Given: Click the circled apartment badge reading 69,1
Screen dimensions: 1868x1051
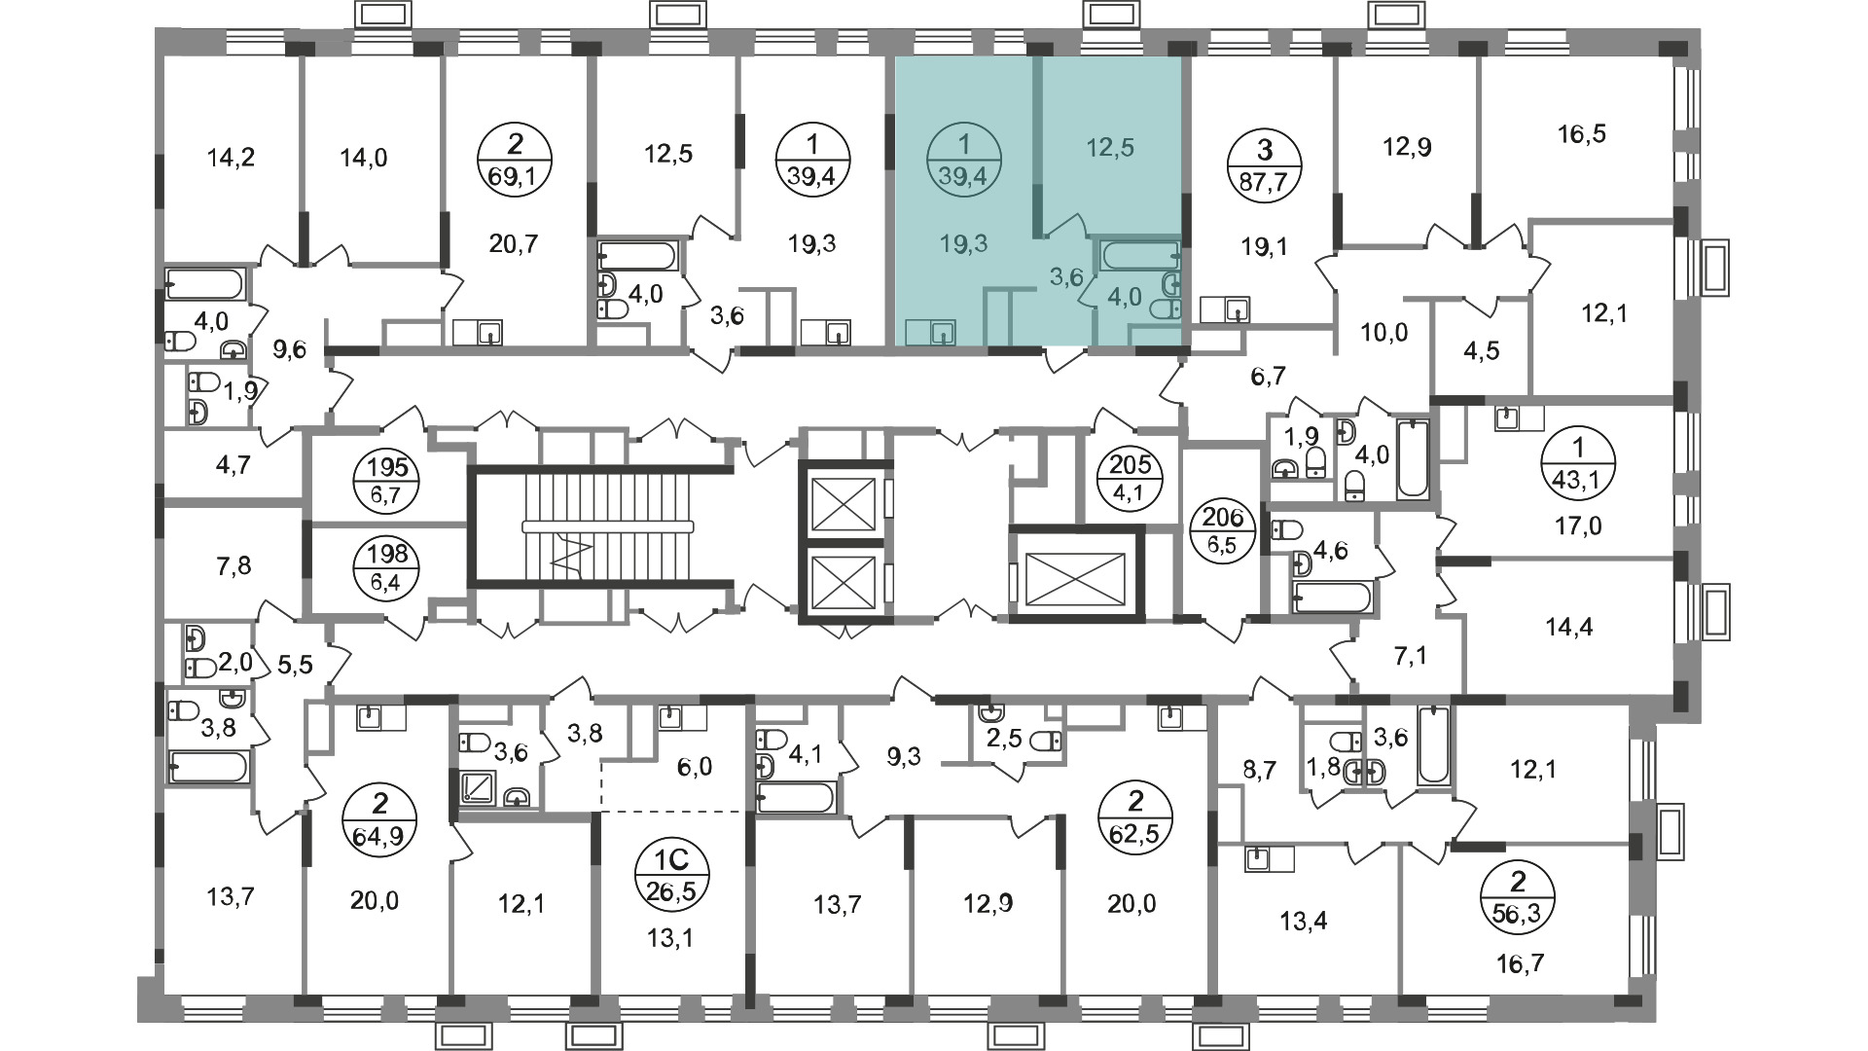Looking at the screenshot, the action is [516, 163].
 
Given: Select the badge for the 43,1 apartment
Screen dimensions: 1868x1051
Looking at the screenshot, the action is [1578, 463].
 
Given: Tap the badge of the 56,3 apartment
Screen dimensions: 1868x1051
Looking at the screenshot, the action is [1518, 900].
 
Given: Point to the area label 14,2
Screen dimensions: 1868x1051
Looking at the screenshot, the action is [232, 157].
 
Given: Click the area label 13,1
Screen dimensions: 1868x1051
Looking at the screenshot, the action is [673, 939].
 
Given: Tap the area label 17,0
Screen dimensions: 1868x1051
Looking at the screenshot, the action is [1577, 526].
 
